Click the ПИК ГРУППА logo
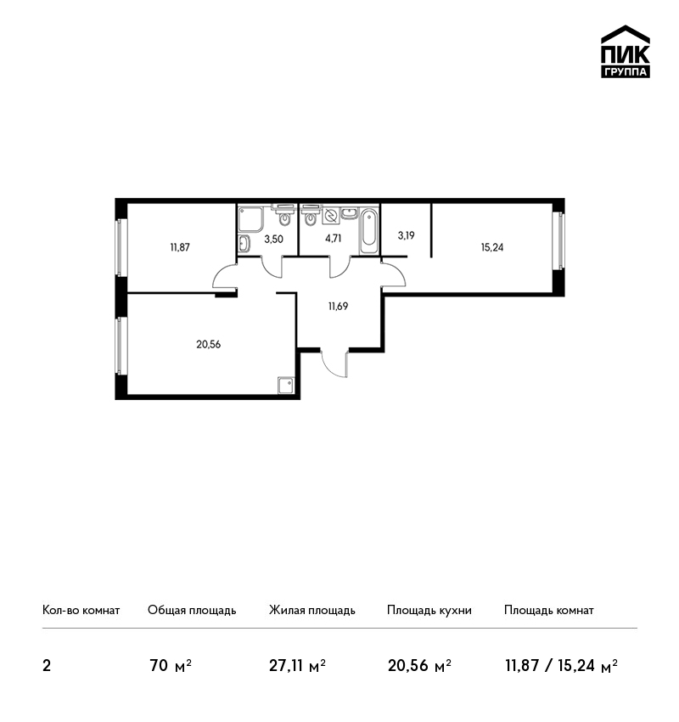click(x=626, y=52)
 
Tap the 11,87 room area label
click(x=180, y=247)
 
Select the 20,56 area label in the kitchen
click(x=209, y=344)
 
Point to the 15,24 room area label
click(x=492, y=247)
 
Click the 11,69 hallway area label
click(x=338, y=306)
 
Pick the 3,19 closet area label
click(x=407, y=235)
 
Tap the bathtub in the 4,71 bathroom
click(x=368, y=231)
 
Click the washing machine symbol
click(x=331, y=216)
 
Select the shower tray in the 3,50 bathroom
click(x=251, y=219)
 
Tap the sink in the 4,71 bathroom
click(x=349, y=213)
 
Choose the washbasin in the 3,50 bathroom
click(x=244, y=243)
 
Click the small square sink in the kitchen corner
click(x=286, y=385)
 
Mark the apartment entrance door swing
click(x=335, y=364)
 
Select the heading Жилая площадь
click(x=311, y=610)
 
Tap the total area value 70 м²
click(x=171, y=666)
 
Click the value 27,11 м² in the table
click(x=297, y=666)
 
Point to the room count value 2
click(x=47, y=666)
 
